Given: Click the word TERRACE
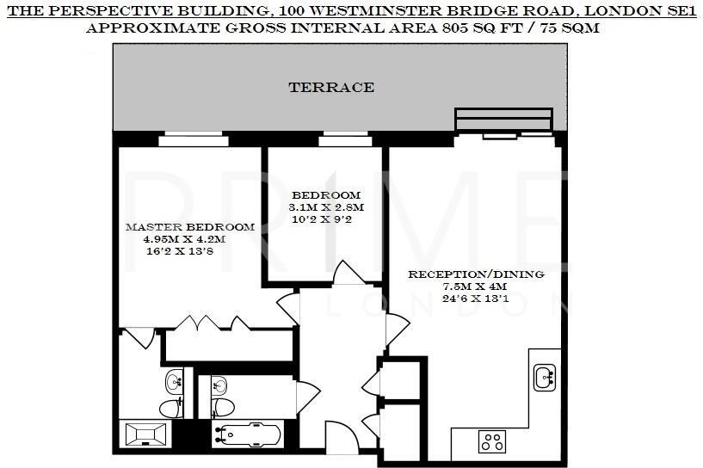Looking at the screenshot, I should (x=331, y=87).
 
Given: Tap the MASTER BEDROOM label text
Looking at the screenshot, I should (x=189, y=227).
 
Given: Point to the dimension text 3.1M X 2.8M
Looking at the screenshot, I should (x=326, y=207).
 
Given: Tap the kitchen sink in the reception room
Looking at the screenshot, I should (x=544, y=376).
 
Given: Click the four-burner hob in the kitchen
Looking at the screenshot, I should (x=492, y=442).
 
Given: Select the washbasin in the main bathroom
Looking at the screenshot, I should (x=219, y=383).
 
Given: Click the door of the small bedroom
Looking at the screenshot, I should (x=348, y=273).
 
